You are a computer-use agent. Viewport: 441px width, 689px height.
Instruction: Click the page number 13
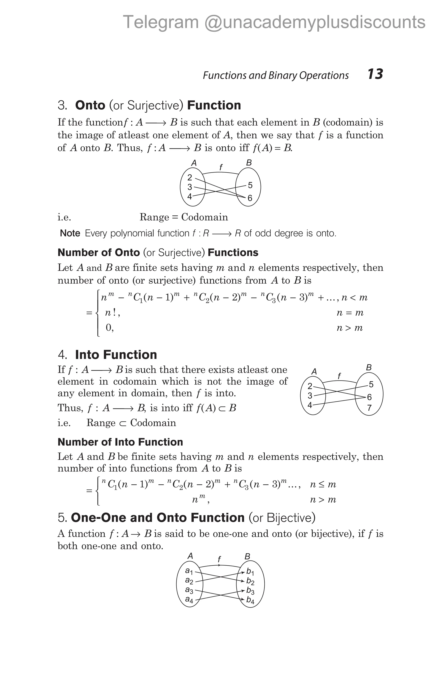coord(375,74)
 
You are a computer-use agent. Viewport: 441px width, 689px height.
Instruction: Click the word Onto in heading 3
coord(90,105)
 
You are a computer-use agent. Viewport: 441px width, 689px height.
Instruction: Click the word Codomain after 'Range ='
coord(205,217)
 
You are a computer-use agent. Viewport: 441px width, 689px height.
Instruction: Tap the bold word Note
coord(70,233)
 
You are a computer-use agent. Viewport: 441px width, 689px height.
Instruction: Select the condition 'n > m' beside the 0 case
coord(349,328)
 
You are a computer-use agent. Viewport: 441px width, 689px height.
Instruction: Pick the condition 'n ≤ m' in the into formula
coord(323,484)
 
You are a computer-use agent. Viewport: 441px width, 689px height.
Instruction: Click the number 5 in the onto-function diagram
coord(250,185)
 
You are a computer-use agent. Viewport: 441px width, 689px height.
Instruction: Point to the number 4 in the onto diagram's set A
coord(189,196)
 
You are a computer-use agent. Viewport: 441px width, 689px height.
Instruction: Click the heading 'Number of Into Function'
coord(120,442)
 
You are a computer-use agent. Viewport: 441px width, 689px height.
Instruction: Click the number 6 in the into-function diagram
coord(369,397)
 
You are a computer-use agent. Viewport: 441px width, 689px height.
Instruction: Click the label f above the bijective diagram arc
coord(219,559)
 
